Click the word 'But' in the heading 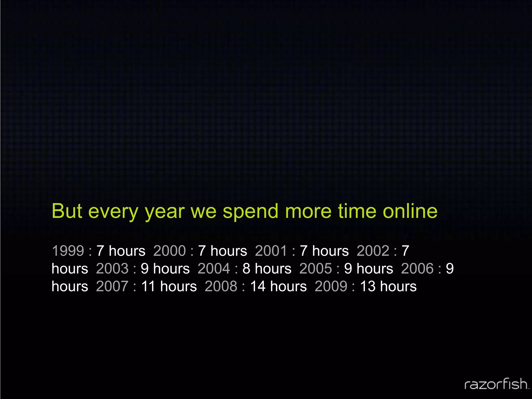pos(67,211)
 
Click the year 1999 pos(68,251)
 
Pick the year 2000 pos(169,251)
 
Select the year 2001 pos(271,251)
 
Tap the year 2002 pos(373,251)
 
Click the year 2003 pos(112,269)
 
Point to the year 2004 pos(214,269)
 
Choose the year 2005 pos(316,269)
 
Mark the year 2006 pos(417,269)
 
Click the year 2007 pos(112,286)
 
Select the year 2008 pos(221,286)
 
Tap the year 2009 pos(331,286)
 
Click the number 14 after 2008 pos(258,286)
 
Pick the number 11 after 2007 pos(148,286)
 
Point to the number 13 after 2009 pos(368,286)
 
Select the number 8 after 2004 pos(247,269)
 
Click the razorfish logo pos(496,384)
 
